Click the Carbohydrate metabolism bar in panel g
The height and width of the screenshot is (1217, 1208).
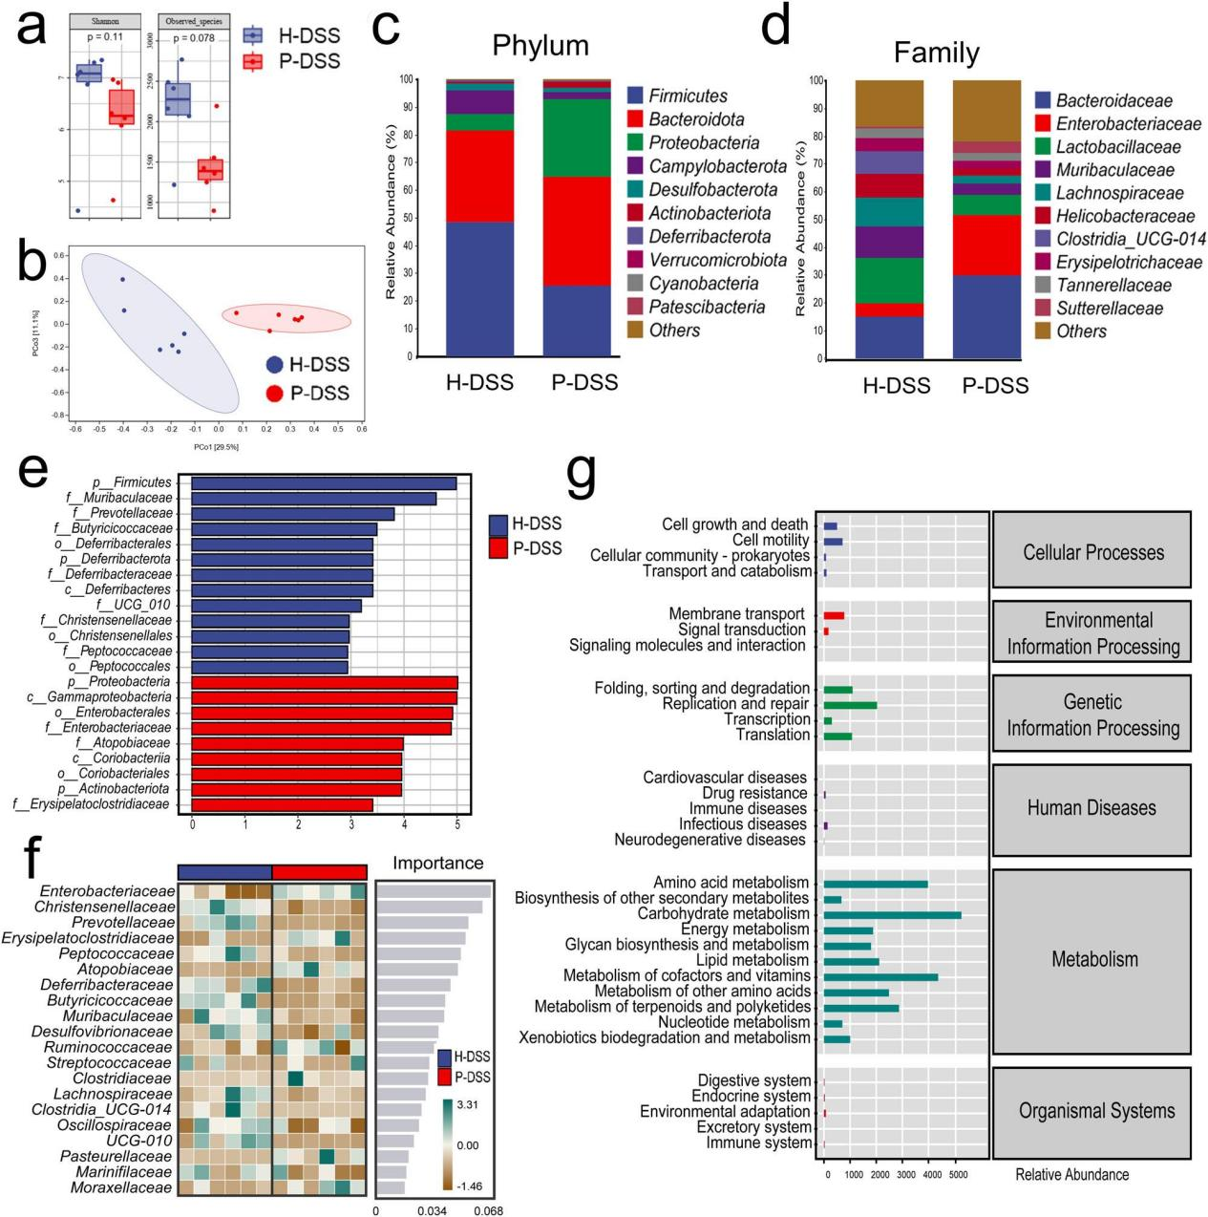pos(892,914)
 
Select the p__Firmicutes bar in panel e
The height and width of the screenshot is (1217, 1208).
pos(324,483)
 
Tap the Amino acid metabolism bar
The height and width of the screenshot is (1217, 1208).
pos(875,884)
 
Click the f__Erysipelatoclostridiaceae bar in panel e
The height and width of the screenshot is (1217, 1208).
pos(282,804)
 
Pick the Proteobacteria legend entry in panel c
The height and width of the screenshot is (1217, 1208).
pos(704,143)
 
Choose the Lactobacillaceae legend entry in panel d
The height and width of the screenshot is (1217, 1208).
pos(1117,147)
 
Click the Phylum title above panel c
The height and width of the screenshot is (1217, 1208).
pos(540,46)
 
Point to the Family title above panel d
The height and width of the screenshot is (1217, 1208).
pos(936,52)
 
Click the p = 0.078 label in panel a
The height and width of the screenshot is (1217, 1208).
pos(191,38)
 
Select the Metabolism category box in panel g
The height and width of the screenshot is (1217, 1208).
pos(1093,959)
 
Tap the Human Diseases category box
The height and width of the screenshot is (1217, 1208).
pos(1091,808)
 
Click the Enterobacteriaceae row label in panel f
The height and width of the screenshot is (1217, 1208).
pos(107,891)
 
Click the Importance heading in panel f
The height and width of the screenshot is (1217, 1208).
pos(437,864)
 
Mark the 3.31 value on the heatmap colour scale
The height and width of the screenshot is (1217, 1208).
pos(469,1105)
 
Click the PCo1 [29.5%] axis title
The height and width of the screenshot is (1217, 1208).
pos(216,447)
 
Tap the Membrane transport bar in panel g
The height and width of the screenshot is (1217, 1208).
pos(834,615)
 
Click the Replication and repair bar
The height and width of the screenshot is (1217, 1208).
pos(850,705)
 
